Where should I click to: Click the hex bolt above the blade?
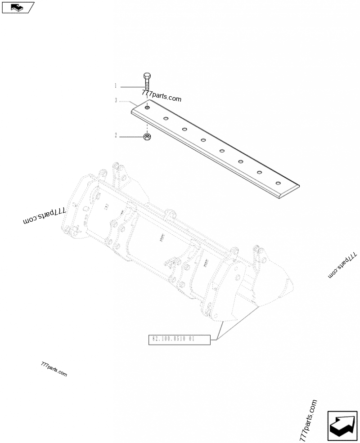coord(147,82)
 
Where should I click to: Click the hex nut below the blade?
coord(147,137)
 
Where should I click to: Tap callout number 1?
coord(116,86)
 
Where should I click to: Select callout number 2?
coord(116,135)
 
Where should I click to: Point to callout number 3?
coord(116,100)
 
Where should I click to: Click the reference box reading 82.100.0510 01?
coord(180,340)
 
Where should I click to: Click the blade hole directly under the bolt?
coord(147,107)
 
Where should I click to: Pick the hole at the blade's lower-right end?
coord(279,183)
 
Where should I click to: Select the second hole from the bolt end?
coord(166,118)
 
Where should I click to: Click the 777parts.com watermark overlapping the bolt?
coord(162,96)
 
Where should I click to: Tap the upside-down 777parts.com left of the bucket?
coord(45,215)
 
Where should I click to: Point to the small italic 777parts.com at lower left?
coord(54,370)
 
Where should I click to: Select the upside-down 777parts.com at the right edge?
coord(342,265)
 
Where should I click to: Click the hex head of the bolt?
coord(147,76)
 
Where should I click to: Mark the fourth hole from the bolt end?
coord(203,140)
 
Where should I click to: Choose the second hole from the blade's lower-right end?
coord(259,172)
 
